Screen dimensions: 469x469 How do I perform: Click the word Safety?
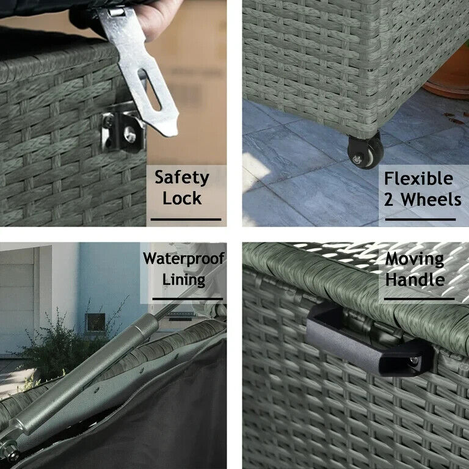pos(182,178)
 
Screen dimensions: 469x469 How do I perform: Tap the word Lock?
pos(182,198)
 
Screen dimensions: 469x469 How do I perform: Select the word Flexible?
pos(418,178)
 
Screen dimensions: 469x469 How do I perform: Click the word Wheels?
pos(431,199)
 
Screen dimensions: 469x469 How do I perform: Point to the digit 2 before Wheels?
pos(388,200)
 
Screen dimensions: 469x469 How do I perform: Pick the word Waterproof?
pos(184,259)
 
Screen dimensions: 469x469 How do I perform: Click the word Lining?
pos(184,280)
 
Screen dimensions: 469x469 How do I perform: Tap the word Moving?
pos(415,259)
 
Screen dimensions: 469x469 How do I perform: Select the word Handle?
pos(415,279)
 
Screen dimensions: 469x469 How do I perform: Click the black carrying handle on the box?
pos(370,341)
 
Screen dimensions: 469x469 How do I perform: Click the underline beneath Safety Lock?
pos(186,220)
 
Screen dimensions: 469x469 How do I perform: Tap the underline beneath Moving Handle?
pos(420,299)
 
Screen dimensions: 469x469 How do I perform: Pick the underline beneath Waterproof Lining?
pos(187,299)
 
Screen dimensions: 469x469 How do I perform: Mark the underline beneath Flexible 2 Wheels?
pos(420,220)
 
